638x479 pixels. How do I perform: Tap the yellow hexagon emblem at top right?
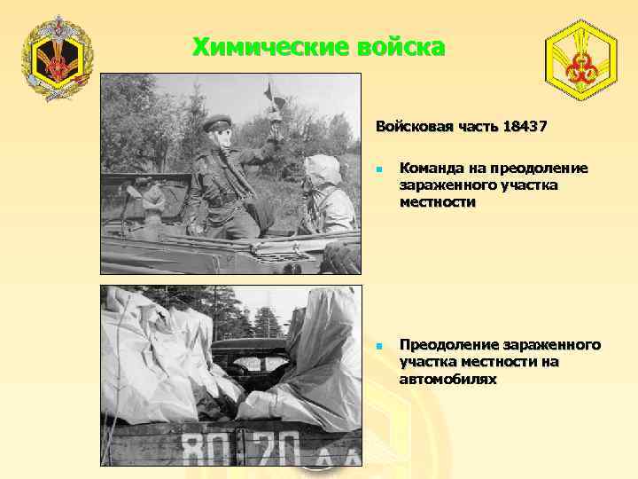[583, 59]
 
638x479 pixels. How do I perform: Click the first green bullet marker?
[378, 169]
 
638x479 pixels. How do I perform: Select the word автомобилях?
[447, 379]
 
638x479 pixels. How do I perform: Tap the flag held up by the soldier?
[268, 91]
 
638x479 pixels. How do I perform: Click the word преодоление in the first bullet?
[542, 169]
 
